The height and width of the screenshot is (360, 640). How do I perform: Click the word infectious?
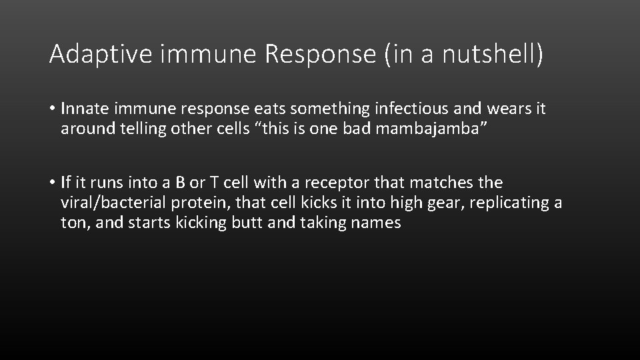[412, 109]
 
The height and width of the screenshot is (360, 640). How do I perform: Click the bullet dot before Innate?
[52, 109]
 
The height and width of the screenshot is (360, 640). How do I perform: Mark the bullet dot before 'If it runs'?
[52, 183]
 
